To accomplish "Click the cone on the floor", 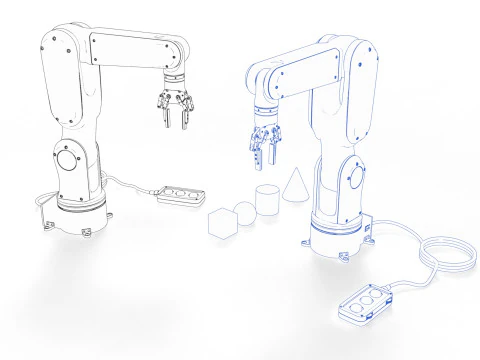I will [295, 187].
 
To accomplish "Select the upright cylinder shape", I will [267, 200].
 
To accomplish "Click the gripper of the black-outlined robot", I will [174, 107].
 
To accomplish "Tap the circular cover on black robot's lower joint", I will [68, 159].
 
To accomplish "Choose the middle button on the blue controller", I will [365, 303].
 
